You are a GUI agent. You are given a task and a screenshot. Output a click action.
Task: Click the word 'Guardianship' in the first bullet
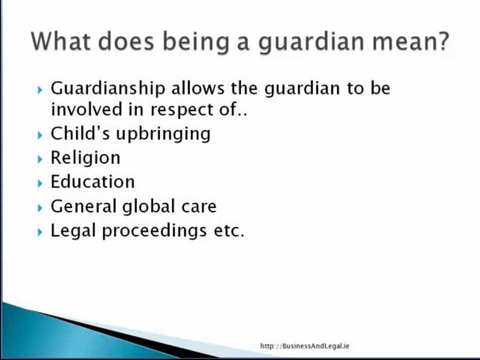tap(108, 88)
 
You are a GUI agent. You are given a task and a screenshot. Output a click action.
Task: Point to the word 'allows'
tap(198, 88)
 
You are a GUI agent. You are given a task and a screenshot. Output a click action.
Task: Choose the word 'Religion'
tap(85, 158)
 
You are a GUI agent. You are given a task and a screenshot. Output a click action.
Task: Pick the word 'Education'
tap(92, 181)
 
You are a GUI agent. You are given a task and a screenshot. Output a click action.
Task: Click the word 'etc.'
tap(228, 230)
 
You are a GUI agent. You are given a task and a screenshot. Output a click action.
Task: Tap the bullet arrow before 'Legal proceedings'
tap(40, 232)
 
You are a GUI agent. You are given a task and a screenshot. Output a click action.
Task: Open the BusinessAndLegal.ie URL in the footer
tap(304, 346)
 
